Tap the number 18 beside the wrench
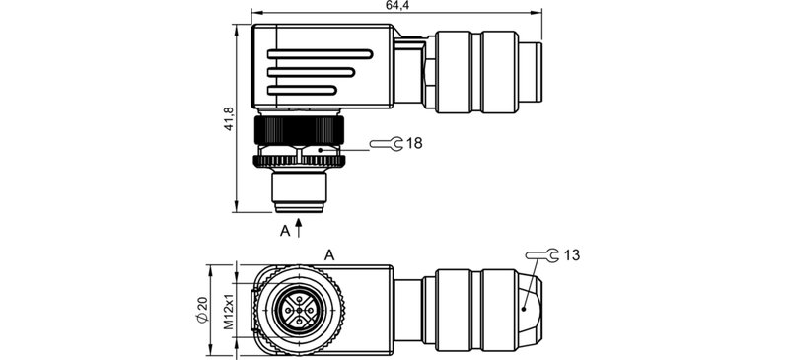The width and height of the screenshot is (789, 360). [414, 144]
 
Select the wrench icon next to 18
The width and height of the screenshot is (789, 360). [387, 145]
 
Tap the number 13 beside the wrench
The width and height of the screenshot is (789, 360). [572, 255]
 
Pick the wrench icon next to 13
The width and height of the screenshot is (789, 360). [540, 256]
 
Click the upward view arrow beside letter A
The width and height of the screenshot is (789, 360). [299, 229]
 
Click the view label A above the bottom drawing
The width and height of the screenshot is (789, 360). [329, 254]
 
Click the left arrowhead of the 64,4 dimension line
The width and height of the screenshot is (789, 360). [255, 14]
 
